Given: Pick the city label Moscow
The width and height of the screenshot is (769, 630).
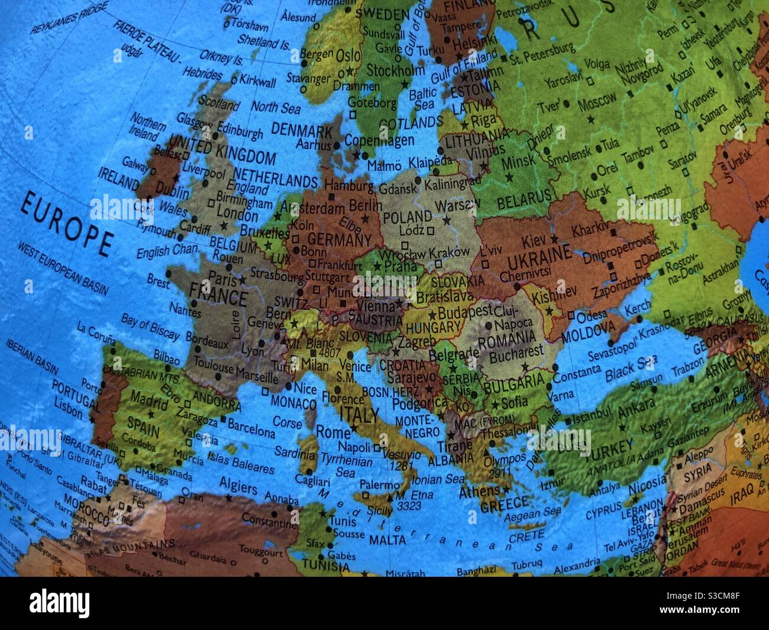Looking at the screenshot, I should pyautogui.click(x=597, y=104).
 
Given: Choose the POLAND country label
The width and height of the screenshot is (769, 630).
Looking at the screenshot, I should pyautogui.click(x=407, y=216).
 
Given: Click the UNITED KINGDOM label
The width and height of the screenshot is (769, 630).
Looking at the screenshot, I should pyautogui.click(x=222, y=150).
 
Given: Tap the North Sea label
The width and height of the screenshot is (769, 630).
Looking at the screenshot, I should pyautogui.click(x=276, y=107).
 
